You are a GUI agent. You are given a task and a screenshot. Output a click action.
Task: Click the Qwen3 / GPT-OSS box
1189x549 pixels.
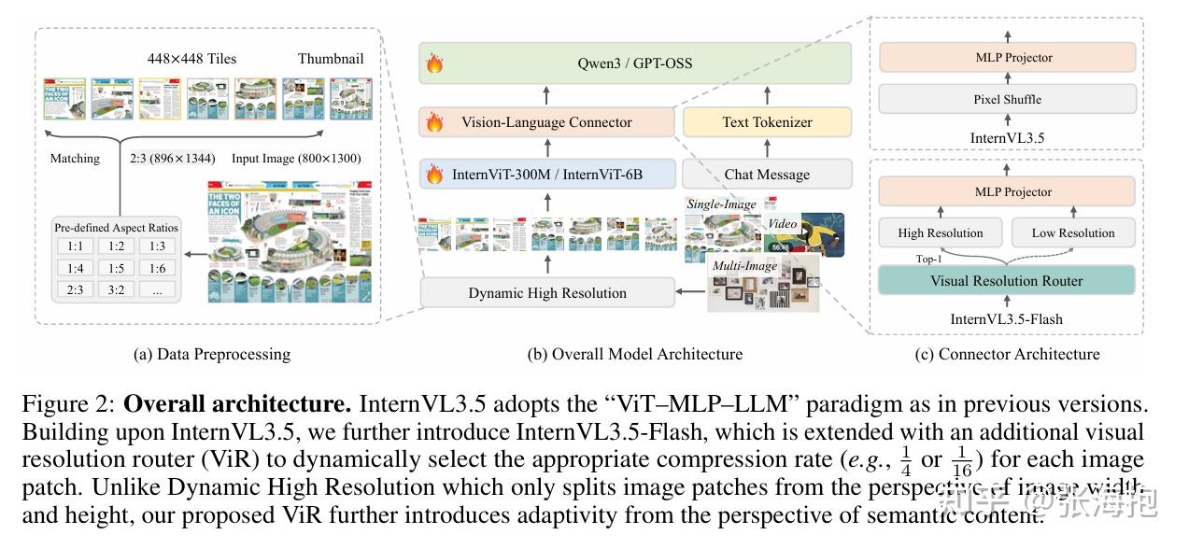tap(635, 64)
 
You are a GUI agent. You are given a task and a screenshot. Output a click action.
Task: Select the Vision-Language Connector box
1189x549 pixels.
tap(546, 122)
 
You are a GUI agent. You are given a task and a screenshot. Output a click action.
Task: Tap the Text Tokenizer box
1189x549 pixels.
tap(767, 122)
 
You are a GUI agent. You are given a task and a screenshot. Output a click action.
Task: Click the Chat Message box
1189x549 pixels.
tap(767, 175)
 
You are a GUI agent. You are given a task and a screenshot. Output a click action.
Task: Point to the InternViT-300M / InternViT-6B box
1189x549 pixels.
tap(546, 175)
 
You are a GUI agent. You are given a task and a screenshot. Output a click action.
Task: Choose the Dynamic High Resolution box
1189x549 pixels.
tap(546, 293)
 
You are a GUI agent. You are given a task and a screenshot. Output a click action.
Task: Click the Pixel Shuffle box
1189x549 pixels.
tap(1007, 99)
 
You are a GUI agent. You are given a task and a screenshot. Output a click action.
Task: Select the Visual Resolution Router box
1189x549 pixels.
tap(1007, 280)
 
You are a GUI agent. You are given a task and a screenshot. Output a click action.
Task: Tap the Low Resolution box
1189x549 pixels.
tap(1072, 232)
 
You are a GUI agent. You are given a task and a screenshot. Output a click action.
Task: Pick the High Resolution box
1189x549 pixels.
tap(941, 232)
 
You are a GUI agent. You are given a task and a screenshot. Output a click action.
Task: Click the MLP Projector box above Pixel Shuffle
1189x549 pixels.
tap(1007, 58)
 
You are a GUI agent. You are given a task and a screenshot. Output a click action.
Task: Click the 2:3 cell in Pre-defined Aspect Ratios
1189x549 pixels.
tap(75, 289)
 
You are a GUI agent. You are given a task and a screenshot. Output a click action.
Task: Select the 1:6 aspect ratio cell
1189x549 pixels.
tap(157, 268)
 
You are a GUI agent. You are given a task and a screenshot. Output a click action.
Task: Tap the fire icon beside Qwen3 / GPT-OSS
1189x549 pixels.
tap(434, 65)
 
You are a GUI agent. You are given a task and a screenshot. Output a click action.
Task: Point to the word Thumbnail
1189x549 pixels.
tap(331, 58)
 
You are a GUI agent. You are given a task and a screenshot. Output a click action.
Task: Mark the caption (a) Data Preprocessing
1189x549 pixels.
tap(212, 354)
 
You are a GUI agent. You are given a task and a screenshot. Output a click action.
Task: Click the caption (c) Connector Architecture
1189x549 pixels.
tap(1006, 354)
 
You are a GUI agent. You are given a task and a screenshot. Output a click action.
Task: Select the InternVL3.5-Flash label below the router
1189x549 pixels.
tap(1006, 318)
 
